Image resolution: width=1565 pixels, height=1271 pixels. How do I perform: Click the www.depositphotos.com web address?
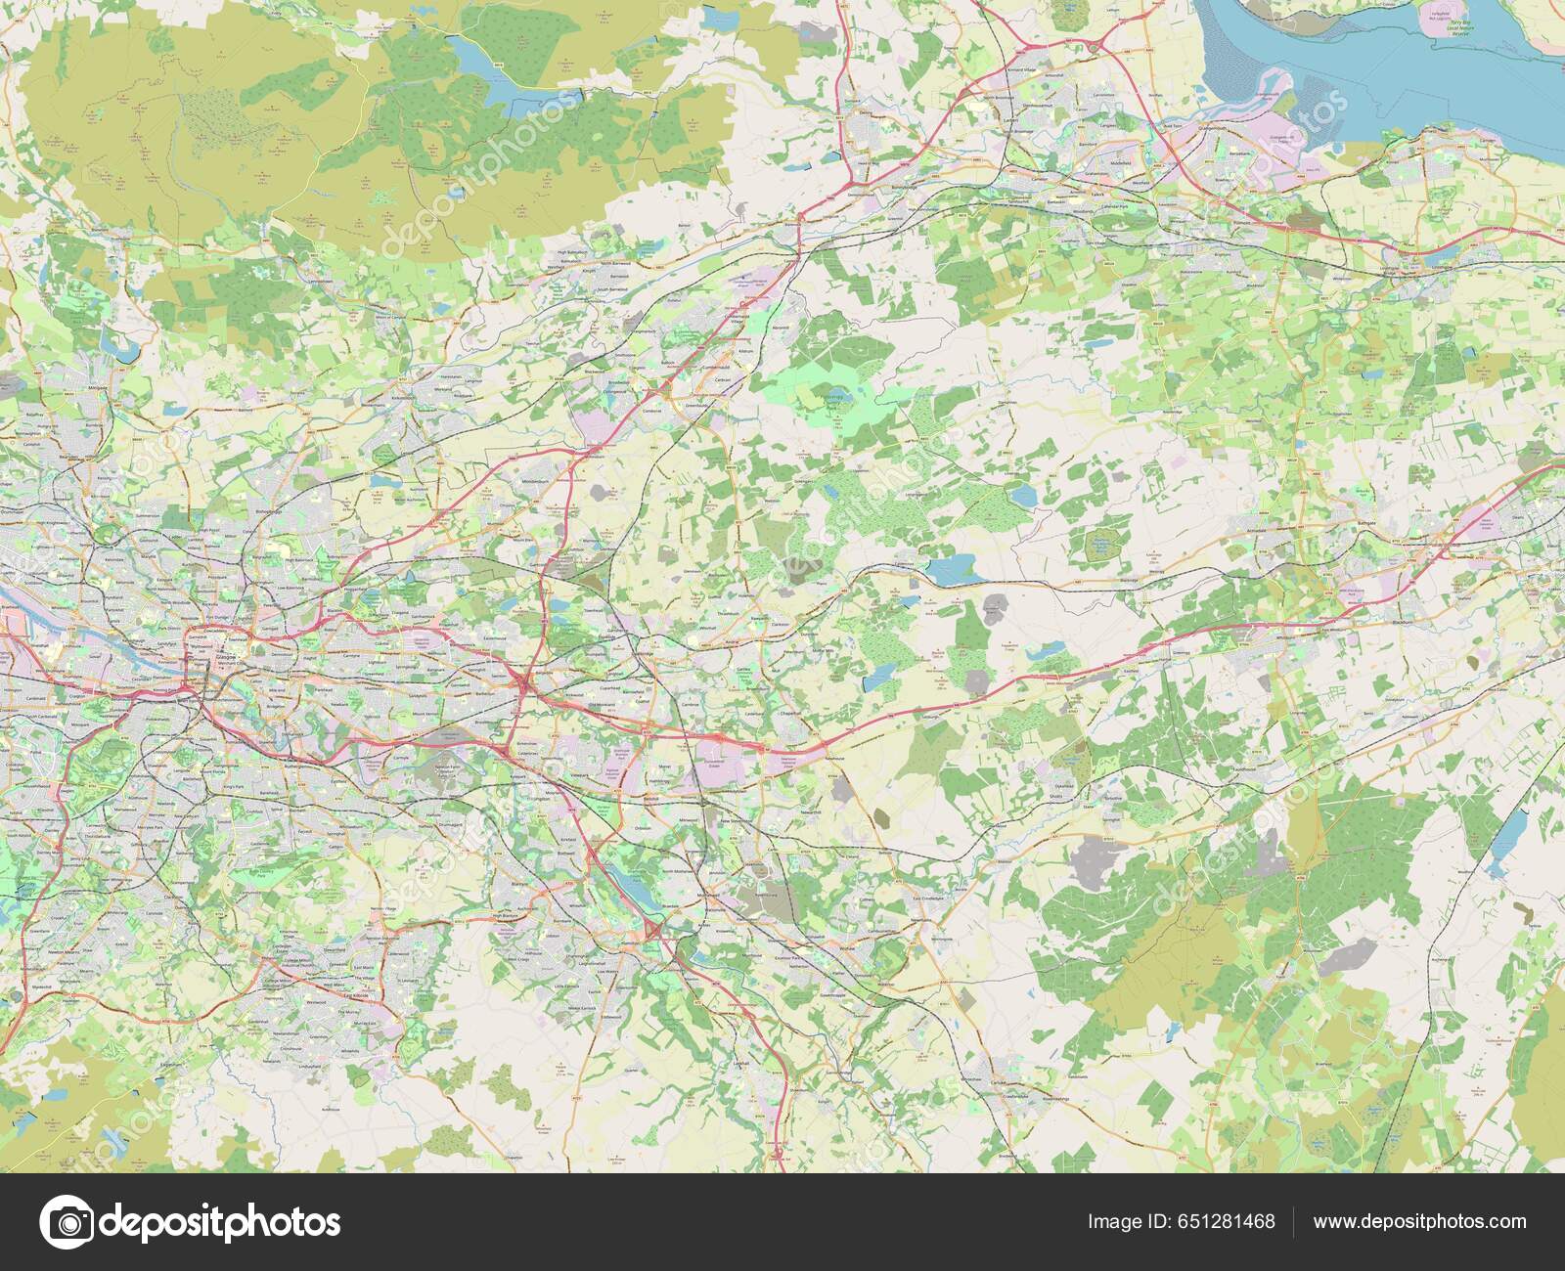pos(1419,1222)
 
